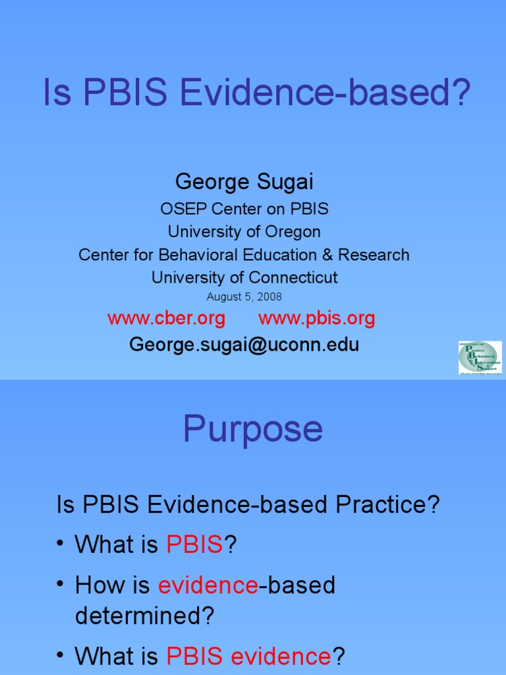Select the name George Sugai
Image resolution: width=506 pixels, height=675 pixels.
click(x=244, y=181)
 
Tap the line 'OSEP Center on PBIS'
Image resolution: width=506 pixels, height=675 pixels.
click(x=244, y=209)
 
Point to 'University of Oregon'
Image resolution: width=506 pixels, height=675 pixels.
click(x=244, y=231)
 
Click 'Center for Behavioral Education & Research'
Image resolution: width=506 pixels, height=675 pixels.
click(x=244, y=254)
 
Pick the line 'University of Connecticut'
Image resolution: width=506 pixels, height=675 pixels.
click(x=244, y=278)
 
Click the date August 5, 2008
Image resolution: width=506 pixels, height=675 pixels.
click(x=244, y=297)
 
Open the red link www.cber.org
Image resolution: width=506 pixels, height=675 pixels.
click(x=166, y=319)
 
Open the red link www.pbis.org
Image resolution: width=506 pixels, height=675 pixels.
click(x=316, y=319)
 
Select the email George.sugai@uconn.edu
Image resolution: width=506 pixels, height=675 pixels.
click(x=244, y=344)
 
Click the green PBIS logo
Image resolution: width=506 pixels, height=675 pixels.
click(x=480, y=358)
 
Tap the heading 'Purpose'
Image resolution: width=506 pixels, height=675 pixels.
click(x=253, y=429)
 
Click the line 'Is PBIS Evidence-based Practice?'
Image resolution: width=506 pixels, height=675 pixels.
click(x=248, y=505)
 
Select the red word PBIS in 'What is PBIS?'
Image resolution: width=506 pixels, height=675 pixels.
click(x=195, y=544)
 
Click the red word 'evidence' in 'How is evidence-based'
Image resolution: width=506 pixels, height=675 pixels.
click(x=208, y=585)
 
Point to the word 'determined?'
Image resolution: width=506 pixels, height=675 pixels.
click(x=145, y=616)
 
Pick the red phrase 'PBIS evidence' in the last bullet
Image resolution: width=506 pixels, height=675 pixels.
click(x=248, y=656)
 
